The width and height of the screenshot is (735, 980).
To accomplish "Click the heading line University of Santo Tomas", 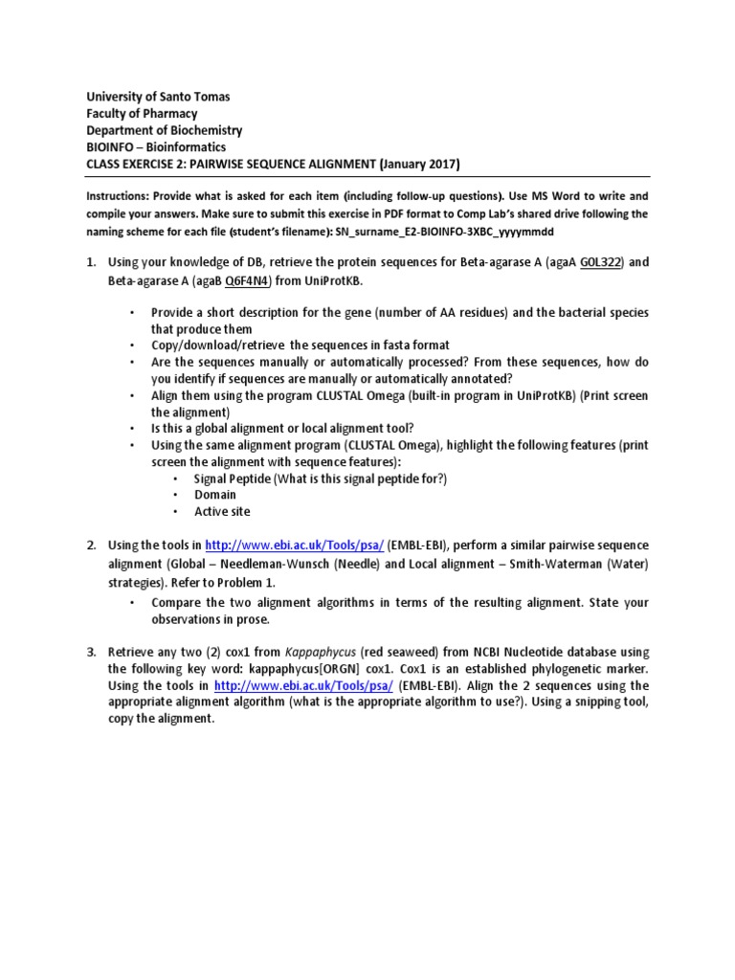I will coord(159,97).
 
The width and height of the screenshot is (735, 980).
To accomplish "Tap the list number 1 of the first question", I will coord(91,262).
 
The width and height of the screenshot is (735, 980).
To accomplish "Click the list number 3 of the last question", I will coord(91,651).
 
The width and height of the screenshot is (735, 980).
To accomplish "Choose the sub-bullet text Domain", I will coord(215,495).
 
